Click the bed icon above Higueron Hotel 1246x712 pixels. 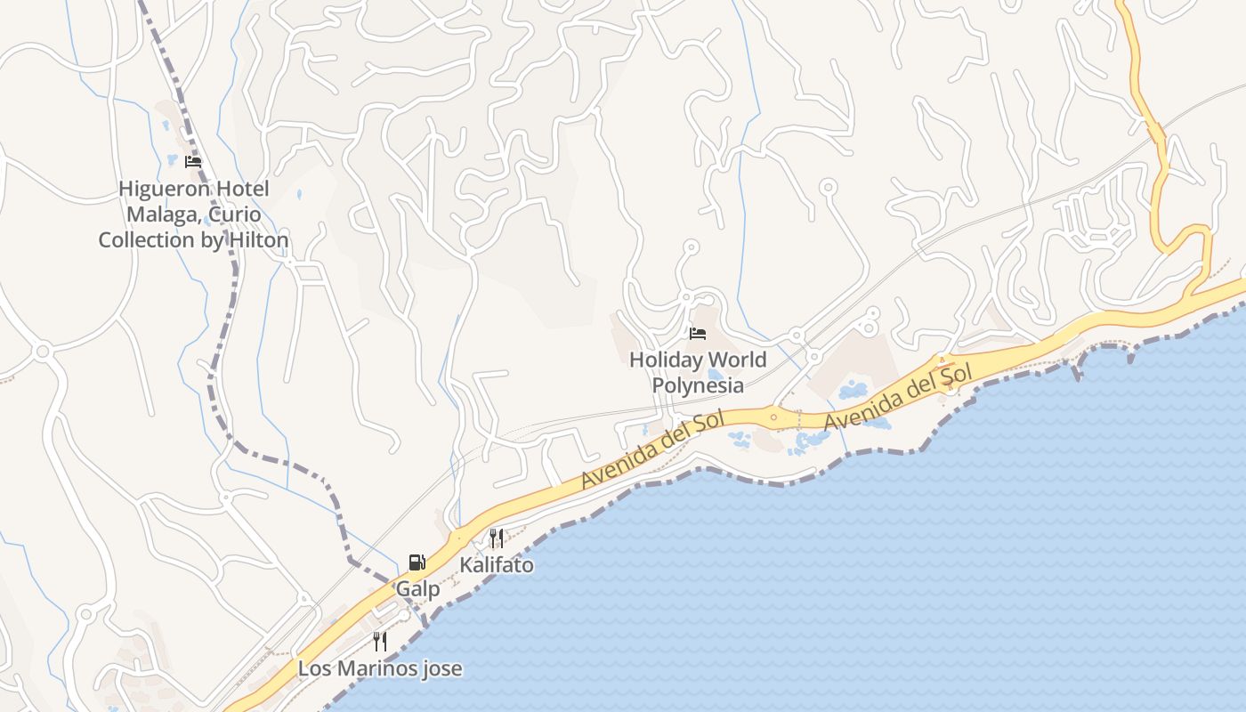click(x=193, y=162)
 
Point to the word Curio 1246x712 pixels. click(x=231, y=214)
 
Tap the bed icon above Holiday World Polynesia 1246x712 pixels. click(x=698, y=334)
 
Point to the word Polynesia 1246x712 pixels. click(x=698, y=385)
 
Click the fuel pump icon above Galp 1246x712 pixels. click(x=417, y=562)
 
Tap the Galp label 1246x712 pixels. click(x=417, y=589)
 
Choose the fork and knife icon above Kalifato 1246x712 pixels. click(x=497, y=538)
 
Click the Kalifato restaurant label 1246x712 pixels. click(x=497, y=565)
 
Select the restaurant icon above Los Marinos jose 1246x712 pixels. click(x=380, y=642)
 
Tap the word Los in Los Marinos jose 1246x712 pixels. click(x=312, y=668)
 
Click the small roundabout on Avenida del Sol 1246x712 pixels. click(x=773, y=417)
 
